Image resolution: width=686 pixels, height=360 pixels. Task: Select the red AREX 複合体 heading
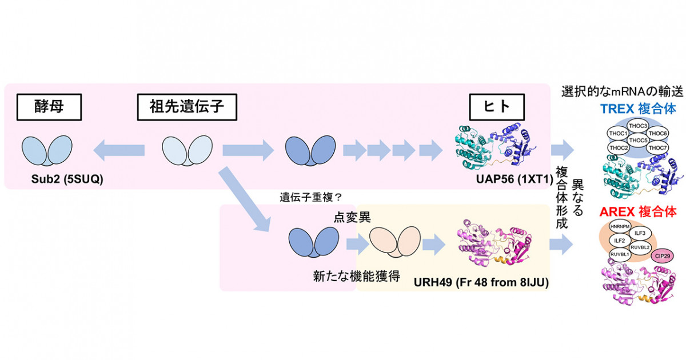[x=638, y=211]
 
